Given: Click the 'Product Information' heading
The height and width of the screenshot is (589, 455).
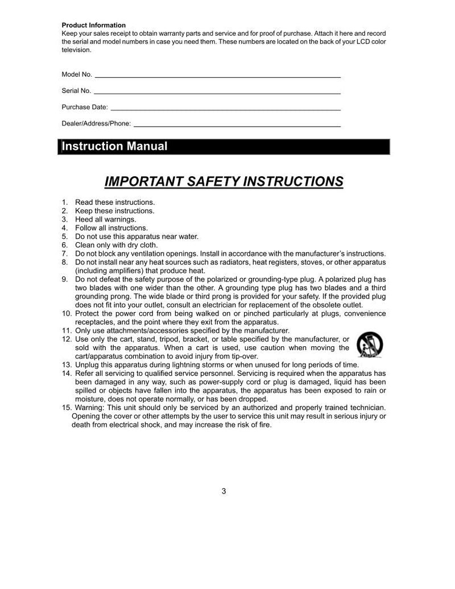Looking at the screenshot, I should click(93, 25).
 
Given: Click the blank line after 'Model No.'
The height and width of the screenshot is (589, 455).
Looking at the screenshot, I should click(217, 76).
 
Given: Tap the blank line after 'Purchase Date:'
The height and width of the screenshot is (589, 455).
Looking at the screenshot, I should click(225, 109).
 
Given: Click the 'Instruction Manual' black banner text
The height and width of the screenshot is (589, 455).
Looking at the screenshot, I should click(114, 146).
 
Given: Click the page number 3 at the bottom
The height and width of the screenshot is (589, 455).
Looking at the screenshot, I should click(224, 491).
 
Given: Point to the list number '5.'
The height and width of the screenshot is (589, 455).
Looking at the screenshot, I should click(64, 237).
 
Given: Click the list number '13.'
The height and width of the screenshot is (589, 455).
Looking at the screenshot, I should click(66, 364).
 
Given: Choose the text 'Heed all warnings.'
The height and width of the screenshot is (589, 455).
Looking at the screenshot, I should click(105, 219).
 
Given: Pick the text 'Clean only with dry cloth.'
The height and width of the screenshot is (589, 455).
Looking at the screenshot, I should click(117, 245).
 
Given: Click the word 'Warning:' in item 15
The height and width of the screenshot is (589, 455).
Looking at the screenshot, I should click(90, 407).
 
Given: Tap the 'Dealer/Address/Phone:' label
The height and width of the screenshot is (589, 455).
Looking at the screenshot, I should click(96, 123).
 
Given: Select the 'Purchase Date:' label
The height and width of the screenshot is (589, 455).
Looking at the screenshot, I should click(84, 107).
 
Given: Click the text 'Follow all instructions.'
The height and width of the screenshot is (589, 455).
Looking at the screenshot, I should click(111, 228).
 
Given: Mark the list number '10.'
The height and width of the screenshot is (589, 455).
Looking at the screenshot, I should click(66, 313).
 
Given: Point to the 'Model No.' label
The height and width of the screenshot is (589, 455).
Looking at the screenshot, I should click(77, 74).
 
